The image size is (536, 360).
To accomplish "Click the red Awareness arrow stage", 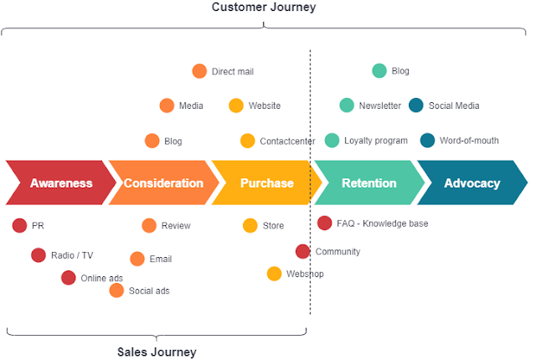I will (60, 183).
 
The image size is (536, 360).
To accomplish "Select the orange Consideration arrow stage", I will (162, 183).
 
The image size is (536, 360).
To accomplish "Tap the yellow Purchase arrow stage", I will (266, 183).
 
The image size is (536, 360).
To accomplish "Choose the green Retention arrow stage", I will (368, 183).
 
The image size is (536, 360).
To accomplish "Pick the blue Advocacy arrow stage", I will (472, 183).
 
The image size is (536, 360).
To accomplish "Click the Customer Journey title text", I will (264, 8).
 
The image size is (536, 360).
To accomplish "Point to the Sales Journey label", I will (157, 352).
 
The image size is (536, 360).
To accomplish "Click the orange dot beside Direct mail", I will (199, 71).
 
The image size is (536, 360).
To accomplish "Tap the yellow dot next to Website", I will (236, 105).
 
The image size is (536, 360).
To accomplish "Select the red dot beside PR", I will (19, 225).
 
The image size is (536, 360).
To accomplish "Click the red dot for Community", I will (303, 251).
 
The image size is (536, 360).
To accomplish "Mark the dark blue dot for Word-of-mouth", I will (427, 141).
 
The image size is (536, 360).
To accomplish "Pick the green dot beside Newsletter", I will (347, 105).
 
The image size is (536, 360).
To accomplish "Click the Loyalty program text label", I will (376, 141).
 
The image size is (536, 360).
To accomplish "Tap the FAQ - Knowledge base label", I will (382, 224).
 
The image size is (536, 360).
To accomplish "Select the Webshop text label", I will (305, 274).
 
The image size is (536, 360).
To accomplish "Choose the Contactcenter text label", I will (287, 141).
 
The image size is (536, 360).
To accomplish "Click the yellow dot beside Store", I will (250, 225).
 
